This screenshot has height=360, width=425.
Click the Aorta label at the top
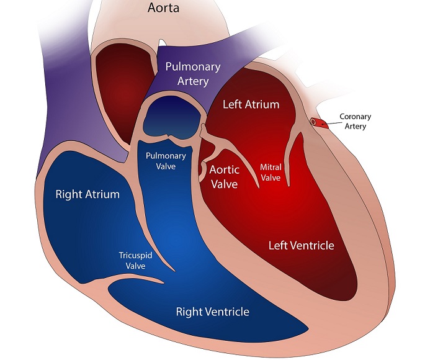164,9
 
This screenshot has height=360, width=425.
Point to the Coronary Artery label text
353,122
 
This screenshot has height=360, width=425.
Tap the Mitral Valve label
271,173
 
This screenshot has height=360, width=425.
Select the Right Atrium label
87,194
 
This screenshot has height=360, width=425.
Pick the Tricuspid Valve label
135,260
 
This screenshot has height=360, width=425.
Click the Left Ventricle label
301,245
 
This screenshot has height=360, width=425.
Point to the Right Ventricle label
213,311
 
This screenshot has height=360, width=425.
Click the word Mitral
271,168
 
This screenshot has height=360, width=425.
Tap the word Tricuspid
135,255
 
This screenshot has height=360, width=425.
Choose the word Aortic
225,169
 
